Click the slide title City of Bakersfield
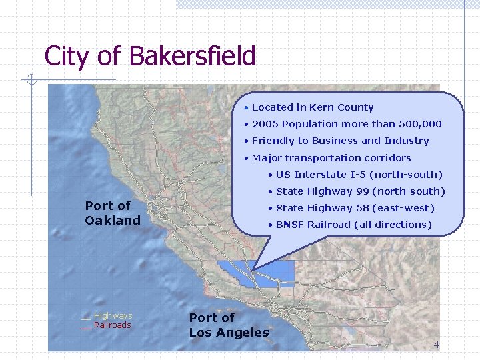(150, 56)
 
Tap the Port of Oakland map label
(113, 213)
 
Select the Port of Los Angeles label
(229, 325)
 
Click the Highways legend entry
(112, 316)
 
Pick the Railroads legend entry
(112, 325)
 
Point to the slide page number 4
(436, 345)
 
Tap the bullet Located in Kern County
(312, 107)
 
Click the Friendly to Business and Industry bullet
(339, 141)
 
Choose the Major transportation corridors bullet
(331, 158)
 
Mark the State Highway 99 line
(360, 191)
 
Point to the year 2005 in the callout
(265, 124)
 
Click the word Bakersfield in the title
(193, 56)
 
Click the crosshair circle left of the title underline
(30, 81)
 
